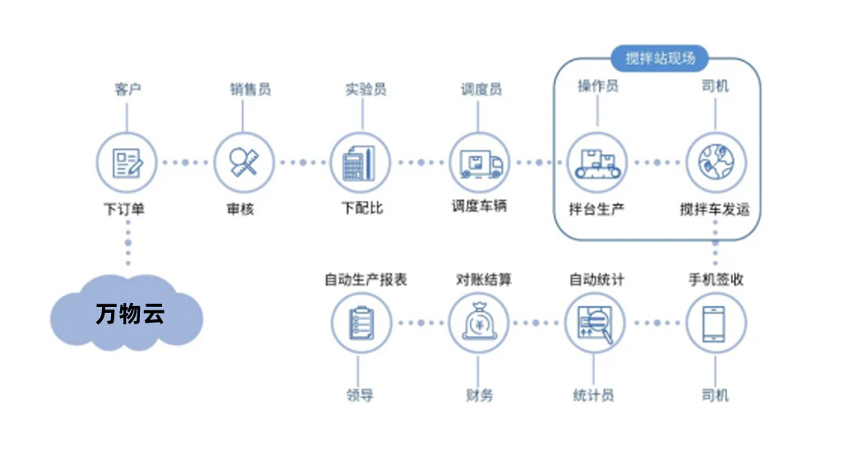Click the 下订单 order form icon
(127, 163)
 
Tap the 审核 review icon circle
(244, 163)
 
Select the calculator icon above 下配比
(360, 163)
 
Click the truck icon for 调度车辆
(479, 163)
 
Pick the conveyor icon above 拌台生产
(597, 163)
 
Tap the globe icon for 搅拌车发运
(716, 163)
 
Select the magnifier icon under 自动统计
(595, 323)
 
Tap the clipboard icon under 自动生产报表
(361, 323)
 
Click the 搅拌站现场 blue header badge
(660, 58)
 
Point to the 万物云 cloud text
(130, 314)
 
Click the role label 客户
(128, 89)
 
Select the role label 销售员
(250, 89)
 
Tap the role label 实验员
(366, 89)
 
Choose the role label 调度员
(481, 89)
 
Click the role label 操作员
(598, 86)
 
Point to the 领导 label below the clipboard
(360, 395)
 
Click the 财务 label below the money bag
(479, 395)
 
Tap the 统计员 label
(593, 395)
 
